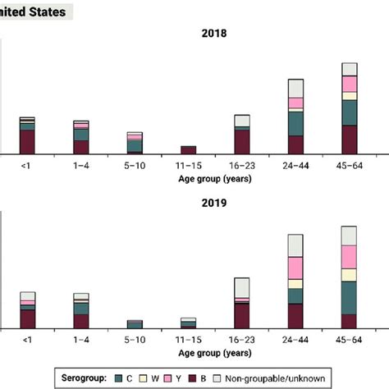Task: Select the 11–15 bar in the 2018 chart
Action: [189, 150]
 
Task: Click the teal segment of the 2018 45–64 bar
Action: [350, 112]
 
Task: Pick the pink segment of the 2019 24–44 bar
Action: [295, 268]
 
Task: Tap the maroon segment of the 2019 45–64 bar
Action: [350, 321]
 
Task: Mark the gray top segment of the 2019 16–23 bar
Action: [242, 287]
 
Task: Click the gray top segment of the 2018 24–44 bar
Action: [295, 88]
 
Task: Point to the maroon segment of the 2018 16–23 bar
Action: [242, 141]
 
